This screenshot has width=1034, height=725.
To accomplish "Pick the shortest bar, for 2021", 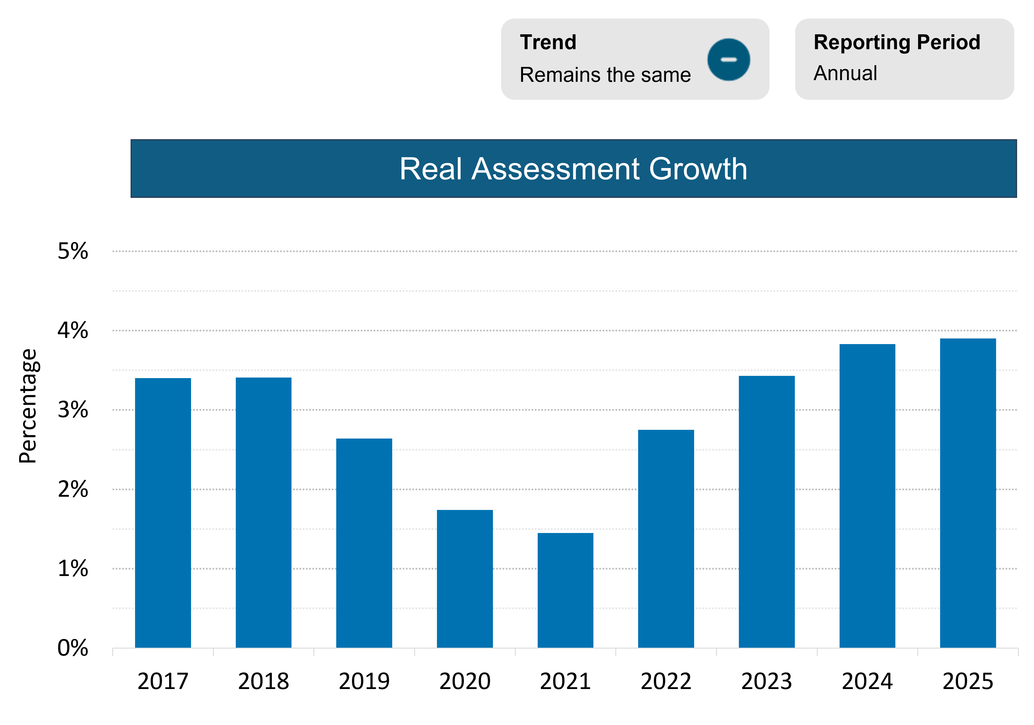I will [565, 590].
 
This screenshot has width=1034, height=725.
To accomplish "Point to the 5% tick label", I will [73, 251].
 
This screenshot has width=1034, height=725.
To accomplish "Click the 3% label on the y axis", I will [73, 410].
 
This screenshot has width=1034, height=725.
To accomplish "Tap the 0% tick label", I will [73, 648].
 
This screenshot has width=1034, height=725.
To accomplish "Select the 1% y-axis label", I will [73, 569].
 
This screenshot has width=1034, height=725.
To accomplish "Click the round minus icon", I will [728, 59].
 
